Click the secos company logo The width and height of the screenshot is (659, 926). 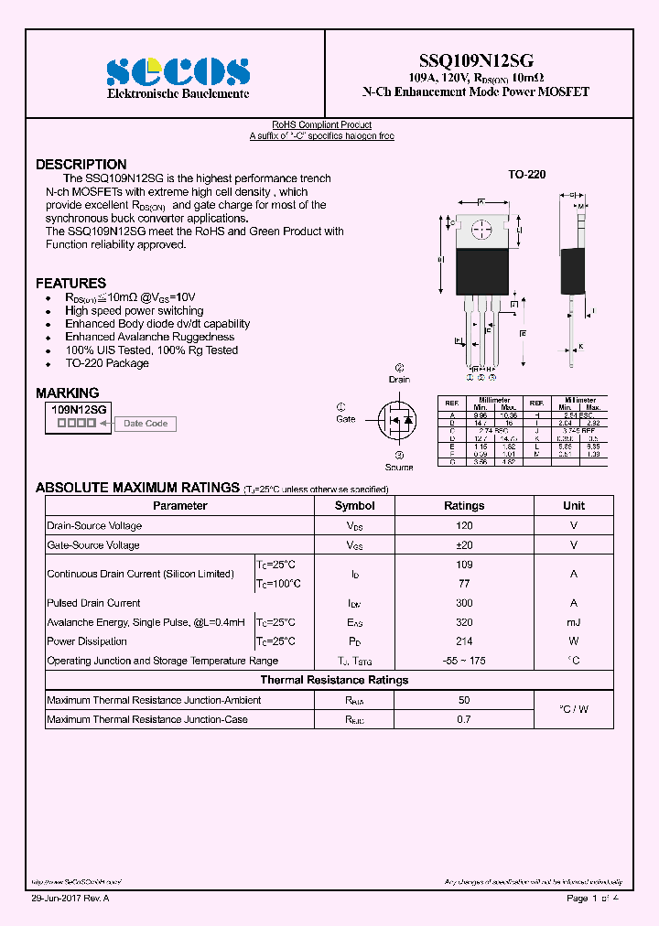click(178, 71)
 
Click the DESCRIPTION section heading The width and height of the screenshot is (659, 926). click(81, 165)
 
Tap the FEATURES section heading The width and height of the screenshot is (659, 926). click(70, 283)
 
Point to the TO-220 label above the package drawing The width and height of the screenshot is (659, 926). click(526, 174)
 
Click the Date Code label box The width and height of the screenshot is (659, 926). click(146, 424)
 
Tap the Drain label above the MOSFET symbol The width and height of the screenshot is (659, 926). click(399, 379)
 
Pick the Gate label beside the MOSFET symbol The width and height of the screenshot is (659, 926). click(345, 419)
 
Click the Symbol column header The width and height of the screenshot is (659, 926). click(354, 506)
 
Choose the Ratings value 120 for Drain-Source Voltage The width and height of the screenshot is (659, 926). click(464, 526)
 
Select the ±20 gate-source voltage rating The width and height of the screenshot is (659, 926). click(464, 545)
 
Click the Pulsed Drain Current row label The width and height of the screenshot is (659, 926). click(93, 603)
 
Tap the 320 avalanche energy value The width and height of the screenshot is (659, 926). click(464, 622)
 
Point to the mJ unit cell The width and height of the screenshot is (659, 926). click(574, 622)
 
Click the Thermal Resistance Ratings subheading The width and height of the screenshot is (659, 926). click(334, 680)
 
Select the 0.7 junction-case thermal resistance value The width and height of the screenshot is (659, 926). click(464, 719)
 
